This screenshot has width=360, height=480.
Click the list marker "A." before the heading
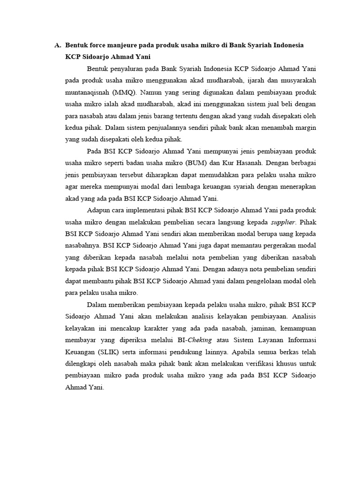[58, 45]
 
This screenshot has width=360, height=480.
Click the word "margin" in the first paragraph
[305, 127]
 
